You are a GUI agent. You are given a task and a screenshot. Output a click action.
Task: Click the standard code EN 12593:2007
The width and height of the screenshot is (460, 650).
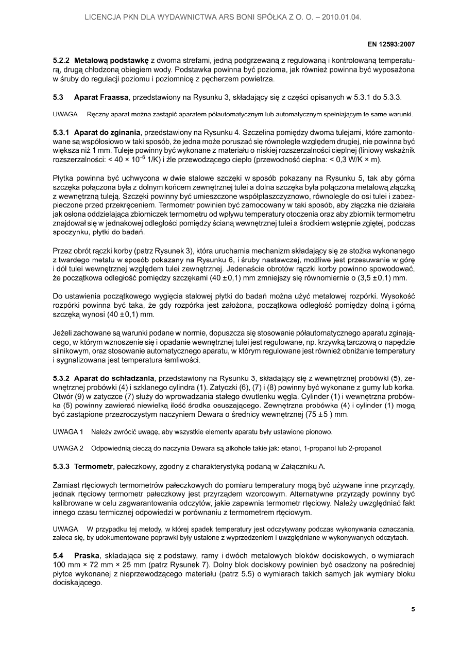pos(390,44)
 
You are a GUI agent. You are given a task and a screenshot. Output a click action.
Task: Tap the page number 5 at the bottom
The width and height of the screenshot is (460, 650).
pos(413,609)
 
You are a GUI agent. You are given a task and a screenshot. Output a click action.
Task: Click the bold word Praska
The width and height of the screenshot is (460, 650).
pos(88,557)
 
